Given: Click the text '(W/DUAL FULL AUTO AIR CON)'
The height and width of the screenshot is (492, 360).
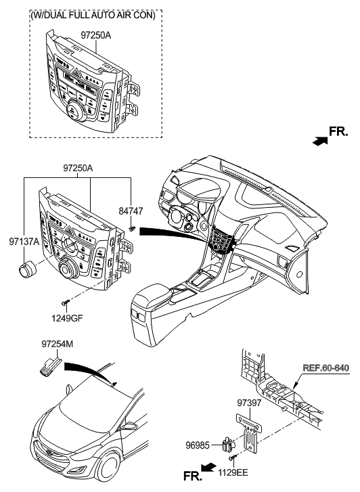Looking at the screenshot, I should tap(93, 16).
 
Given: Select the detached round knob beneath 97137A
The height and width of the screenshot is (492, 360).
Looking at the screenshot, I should tap(28, 269).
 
